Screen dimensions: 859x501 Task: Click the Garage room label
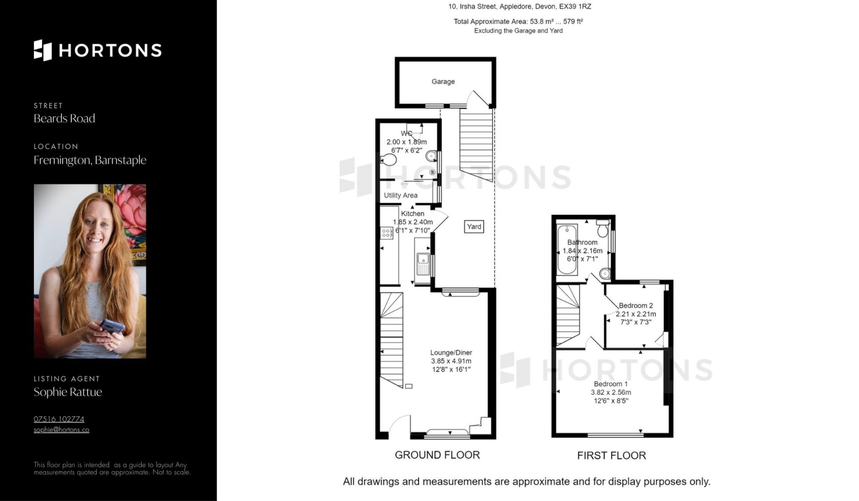pos(443,81)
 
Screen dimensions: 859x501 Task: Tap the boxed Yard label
pos(474,227)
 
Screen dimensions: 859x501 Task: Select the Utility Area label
pos(400,195)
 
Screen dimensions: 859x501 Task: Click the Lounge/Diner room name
pos(451,353)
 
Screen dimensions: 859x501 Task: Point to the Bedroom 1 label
pos(611,384)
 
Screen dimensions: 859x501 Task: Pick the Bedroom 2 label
pos(636,306)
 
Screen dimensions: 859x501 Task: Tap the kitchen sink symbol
pos(423,264)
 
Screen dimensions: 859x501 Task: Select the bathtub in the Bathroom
pos(567,249)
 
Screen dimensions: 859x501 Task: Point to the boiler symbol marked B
pos(432,172)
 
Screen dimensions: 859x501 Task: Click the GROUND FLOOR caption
pos(437,455)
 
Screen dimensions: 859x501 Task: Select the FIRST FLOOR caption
pos(612,456)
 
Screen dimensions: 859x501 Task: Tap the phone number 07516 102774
pos(59,419)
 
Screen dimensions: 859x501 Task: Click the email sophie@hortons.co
pos(61,430)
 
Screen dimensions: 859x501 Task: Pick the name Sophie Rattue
pos(68,392)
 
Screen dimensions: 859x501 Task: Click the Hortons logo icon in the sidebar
pos(43,50)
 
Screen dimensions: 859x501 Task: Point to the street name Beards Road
pos(64,118)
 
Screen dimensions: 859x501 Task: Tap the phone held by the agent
pos(112,325)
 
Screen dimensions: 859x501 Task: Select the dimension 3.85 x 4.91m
pos(451,361)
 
